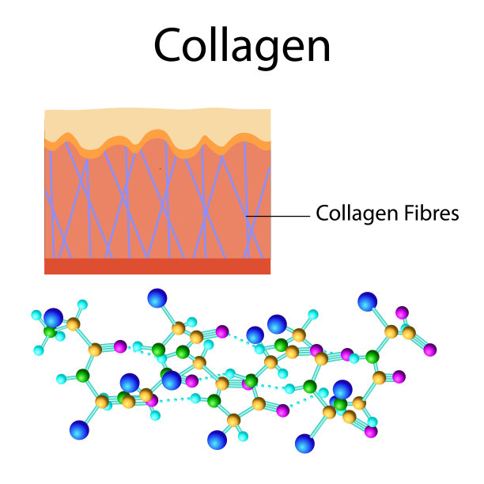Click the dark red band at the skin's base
tap(157, 266)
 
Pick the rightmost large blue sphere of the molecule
tap(367, 301)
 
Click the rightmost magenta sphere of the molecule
tap(429, 350)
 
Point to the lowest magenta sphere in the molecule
tap(371, 432)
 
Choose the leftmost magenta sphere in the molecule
tap(120, 346)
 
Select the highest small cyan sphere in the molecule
tap(82, 304)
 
